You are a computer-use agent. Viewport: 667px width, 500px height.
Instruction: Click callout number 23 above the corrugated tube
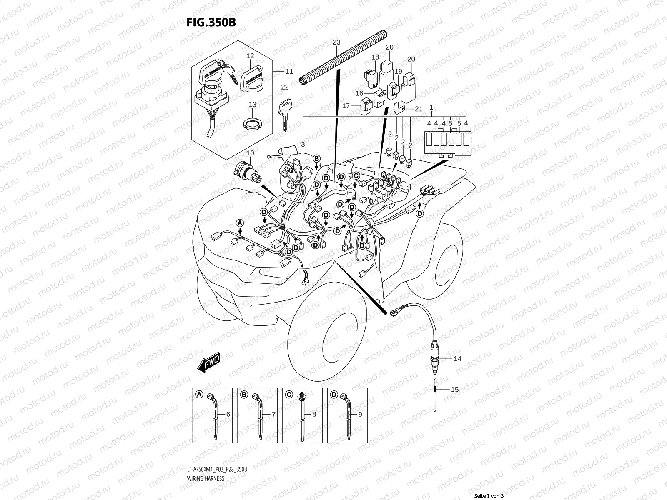pyautogui.click(x=337, y=42)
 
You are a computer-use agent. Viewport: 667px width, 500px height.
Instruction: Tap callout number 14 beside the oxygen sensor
pyautogui.click(x=457, y=359)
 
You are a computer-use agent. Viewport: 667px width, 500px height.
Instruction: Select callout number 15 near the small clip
pyautogui.click(x=455, y=390)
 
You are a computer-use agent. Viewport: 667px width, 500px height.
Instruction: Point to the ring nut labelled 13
pyautogui.click(x=252, y=124)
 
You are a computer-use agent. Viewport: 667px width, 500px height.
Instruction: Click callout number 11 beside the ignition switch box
pyautogui.click(x=301, y=72)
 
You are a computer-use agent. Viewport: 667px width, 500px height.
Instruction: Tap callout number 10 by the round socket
pyautogui.click(x=250, y=153)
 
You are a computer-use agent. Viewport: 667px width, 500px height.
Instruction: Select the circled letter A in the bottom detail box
pyautogui.click(x=199, y=394)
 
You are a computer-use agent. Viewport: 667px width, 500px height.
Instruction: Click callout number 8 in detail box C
pyautogui.click(x=314, y=415)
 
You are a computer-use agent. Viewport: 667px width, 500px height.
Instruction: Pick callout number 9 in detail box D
pyautogui.click(x=360, y=415)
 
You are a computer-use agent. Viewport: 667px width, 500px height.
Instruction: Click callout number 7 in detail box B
pyautogui.click(x=273, y=415)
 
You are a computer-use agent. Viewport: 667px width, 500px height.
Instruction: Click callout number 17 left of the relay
pyautogui.click(x=346, y=106)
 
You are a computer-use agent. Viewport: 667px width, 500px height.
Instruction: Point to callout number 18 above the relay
pyautogui.click(x=375, y=57)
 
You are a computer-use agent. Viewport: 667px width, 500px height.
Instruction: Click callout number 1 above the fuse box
pyautogui.click(x=431, y=107)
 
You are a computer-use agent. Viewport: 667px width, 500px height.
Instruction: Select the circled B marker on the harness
pyautogui.click(x=316, y=158)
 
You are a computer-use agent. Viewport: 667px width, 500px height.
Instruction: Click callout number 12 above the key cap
pyautogui.click(x=250, y=56)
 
